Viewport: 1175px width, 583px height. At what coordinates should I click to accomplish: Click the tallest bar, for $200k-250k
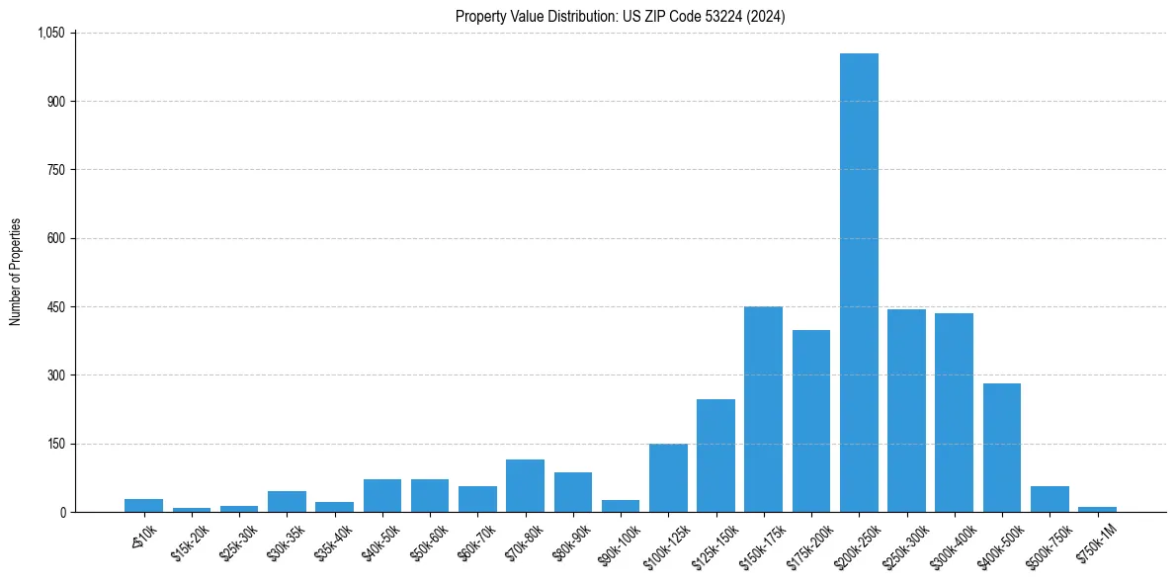(x=859, y=283)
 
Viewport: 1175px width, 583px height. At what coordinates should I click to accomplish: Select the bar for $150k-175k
(x=763, y=409)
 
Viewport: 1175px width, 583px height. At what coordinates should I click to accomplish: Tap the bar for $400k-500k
(x=1002, y=448)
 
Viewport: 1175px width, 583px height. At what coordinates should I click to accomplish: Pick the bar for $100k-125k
(x=668, y=478)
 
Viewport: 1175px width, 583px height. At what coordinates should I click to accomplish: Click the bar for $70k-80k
(x=525, y=486)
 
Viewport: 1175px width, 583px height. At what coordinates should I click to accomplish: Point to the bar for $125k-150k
(x=715, y=456)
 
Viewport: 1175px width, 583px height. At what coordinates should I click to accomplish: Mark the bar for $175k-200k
(x=811, y=421)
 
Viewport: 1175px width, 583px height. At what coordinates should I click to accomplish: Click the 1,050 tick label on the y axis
(x=50, y=33)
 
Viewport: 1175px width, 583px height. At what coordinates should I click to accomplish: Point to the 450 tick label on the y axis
(x=55, y=307)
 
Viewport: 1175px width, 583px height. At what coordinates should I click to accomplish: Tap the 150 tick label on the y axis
(x=55, y=444)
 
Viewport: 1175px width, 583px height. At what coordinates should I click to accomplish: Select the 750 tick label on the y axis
(x=55, y=170)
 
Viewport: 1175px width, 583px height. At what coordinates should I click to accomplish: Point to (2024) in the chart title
(x=766, y=16)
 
